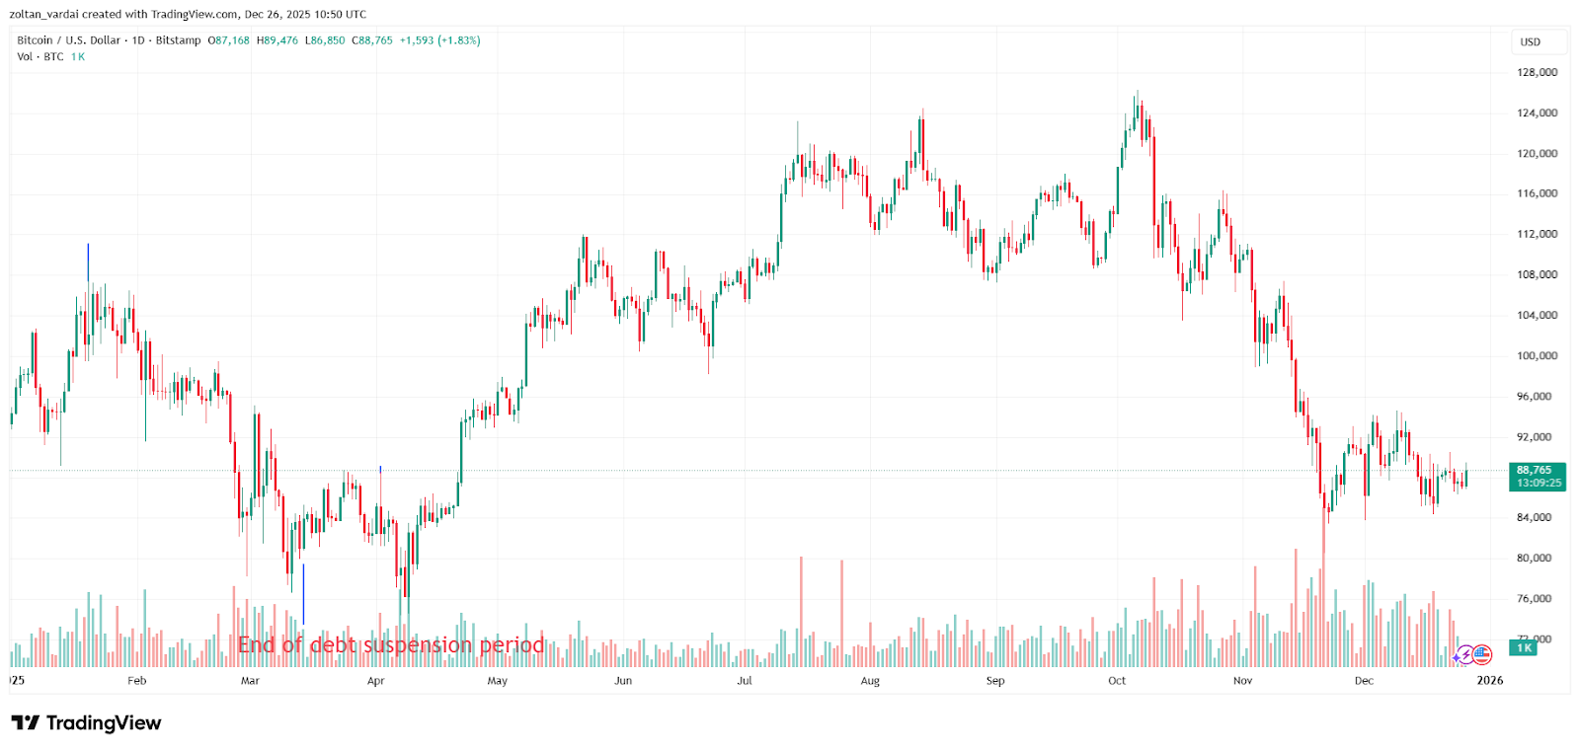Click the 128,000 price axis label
point(1537,72)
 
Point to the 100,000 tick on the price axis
point(1537,355)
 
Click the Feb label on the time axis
point(136,681)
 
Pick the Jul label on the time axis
point(745,681)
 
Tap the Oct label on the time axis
point(1117,681)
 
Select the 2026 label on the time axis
point(1489,680)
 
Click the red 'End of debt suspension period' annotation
point(391,645)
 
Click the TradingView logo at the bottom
point(86,723)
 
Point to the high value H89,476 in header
point(276,40)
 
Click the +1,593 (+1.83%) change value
point(439,40)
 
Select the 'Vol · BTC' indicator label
point(40,57)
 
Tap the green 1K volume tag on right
point(1524,648)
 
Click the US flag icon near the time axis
point(1482,654)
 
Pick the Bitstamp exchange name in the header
point(178,40)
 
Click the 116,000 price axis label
point(1537,193)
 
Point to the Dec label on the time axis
point(1364,681)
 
